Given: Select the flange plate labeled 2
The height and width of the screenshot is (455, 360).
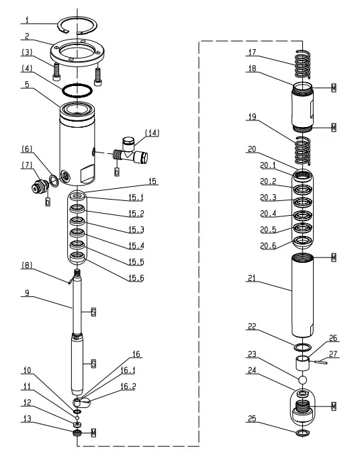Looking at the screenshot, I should [x=77, y=52].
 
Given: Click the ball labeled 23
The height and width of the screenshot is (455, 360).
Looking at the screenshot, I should [x=302, y=382].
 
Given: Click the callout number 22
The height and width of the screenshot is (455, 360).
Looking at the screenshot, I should [x=251, y=327].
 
